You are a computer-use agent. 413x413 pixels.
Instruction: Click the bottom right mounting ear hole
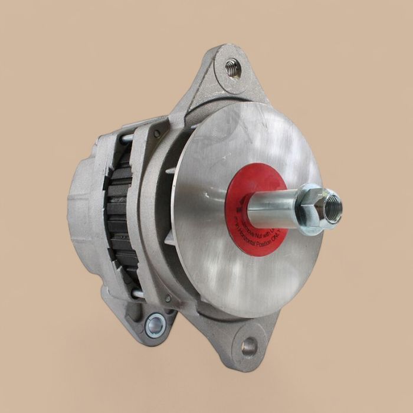tap(249, 346)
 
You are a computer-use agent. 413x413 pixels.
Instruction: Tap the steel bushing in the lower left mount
tap(156, 323)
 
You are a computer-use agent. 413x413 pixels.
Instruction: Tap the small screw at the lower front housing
tap(168, 299)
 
